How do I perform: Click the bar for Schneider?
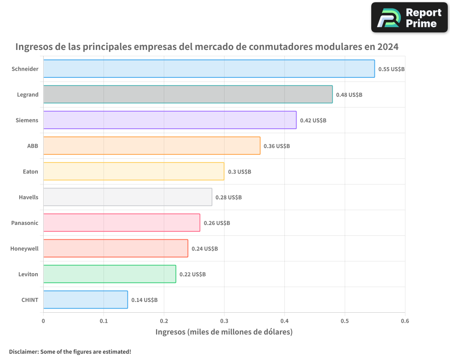(x=209, y=69)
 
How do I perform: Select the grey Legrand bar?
(x=188, y=94)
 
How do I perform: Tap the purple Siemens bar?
(x=170, y=120)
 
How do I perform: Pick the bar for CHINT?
(x=85, y=300)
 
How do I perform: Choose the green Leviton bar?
(x=109, y=274)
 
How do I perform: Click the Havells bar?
(x=127, y=197)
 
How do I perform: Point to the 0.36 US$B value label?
(x=277, y=146)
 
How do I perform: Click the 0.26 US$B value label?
(x=217, y=223)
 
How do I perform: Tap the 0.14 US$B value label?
(x=144, y=300)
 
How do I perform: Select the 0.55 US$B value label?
(x=391, y=69)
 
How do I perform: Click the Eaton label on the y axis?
(x=31, y=171)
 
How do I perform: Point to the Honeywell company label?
(x=24, y=248)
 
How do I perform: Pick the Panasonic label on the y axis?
(x=25, y=223)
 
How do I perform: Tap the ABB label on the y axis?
(x=33, y=146)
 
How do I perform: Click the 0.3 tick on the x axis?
(x=224, y=321)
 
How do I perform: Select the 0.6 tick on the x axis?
(x=405, y=321)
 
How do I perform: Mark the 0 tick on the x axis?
(x=43, y=321)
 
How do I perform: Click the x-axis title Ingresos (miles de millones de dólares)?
(x=224, y=332)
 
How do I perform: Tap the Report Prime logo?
(x=409, y=18)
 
